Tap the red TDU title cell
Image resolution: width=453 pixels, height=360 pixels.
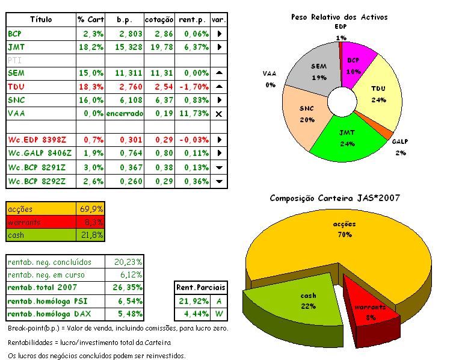[x=16, y=87]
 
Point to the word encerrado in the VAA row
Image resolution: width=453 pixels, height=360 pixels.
[x=125, y=113]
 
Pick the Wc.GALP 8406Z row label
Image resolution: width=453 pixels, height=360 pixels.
[x=39, y=153]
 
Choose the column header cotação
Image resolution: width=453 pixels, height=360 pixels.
[x=160, y=20]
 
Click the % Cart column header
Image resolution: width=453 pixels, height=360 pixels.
[x=91, y=20]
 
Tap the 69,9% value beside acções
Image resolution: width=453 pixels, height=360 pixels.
[x=91, y=209]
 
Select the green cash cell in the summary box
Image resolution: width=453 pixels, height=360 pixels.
[x=42, y=235]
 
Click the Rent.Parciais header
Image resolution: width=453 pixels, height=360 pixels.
[x=199, y=287]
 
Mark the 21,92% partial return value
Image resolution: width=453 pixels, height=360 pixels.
[x=189, y=300]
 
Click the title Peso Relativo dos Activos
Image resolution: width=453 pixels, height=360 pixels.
[x=339, y=17]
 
